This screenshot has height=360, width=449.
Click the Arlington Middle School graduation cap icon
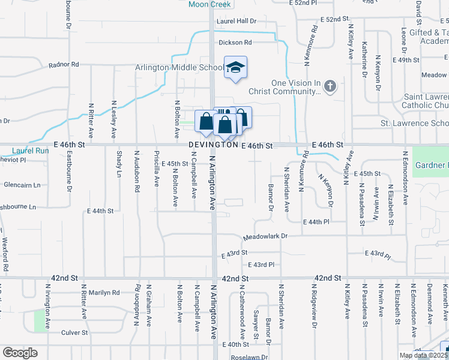235,67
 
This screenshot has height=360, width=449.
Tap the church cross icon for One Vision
330,87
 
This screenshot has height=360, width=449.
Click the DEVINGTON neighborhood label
213,145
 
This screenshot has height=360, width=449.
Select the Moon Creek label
209,4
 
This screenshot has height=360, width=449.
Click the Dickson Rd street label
235,43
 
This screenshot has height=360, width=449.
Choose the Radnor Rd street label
64,64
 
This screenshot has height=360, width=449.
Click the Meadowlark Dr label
267,236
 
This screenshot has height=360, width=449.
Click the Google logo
20,352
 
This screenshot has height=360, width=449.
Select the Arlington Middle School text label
179,68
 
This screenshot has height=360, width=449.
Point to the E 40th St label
235,344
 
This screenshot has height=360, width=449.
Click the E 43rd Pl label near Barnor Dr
261,265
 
